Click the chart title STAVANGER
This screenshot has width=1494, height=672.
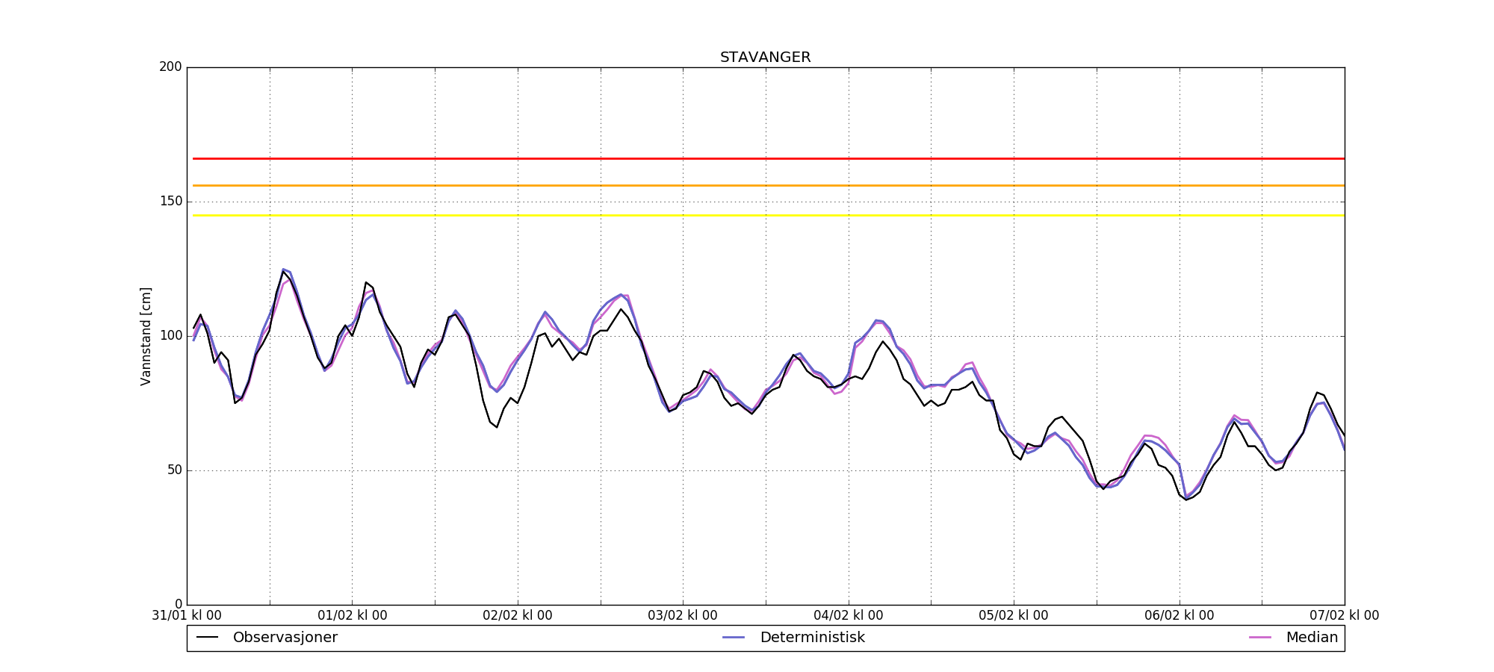765,57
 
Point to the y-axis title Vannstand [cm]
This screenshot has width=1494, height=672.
146,336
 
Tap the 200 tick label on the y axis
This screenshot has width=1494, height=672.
170,67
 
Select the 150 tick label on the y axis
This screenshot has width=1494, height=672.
170,202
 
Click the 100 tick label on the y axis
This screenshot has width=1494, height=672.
170,336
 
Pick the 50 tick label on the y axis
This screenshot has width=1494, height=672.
173,470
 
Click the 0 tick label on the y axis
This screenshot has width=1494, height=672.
178,604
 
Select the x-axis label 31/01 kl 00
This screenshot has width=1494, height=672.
187,616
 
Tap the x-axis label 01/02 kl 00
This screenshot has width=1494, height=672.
353,616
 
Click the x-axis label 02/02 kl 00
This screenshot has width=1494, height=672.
518,616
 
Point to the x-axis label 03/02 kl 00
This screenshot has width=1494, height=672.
683,616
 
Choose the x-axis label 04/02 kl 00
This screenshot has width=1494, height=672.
849,616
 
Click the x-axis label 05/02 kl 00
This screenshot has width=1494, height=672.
1014,616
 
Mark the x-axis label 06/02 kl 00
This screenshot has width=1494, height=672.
1180,616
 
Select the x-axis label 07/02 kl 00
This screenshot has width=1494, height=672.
1345,616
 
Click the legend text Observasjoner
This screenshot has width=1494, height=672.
285,638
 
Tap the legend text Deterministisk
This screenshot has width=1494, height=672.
812,638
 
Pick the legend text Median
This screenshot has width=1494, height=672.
1312,638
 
